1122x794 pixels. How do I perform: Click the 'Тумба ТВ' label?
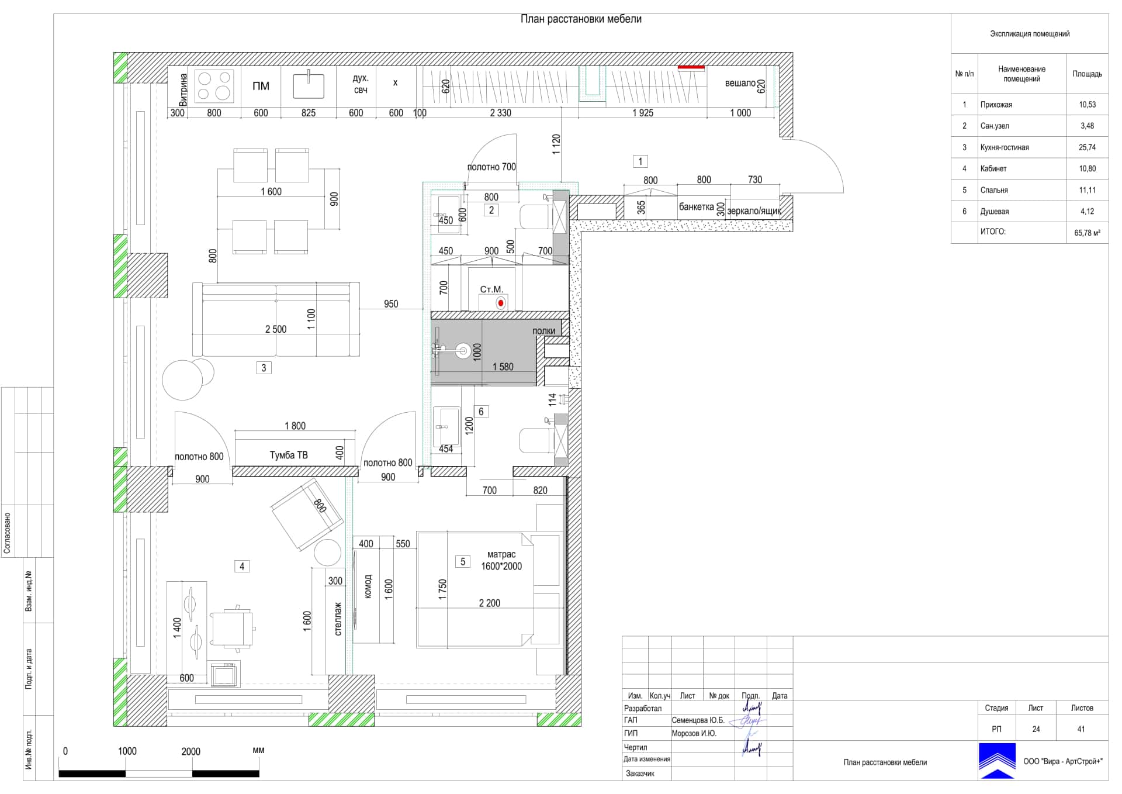(x=289, y=455)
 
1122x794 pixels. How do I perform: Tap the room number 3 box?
(x=264, y=368)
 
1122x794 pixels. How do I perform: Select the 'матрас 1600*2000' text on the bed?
(x=501, y=560)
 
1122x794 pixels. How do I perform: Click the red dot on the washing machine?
(x=500, y=303)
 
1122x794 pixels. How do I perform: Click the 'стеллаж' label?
(x=338, y=619)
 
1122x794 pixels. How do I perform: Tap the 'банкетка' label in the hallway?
(x=696, y=207)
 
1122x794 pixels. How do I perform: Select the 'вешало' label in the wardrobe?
(x=740, y=83)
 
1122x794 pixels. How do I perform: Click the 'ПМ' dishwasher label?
(x=261, y=86)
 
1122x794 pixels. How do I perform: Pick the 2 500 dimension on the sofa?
(x=276, y=329)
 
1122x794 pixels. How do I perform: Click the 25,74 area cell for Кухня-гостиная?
(x=1087, y=147)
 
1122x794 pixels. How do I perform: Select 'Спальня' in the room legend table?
(x=994, y=190)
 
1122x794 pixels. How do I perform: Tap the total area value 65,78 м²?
(x=1087, y=233)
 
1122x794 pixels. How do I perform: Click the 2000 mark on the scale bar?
(x=191, y=751)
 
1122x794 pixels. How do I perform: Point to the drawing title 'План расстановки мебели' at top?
(x=581, y=19)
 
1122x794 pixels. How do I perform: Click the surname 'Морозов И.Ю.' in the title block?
(x=694, y=733)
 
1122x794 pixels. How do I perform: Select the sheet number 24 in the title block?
(x=1036, y=729)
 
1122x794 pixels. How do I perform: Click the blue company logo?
(x=997, y=761)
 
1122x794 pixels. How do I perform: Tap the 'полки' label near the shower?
(x=543, y=331)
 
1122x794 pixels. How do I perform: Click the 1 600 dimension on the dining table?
(x=271, y=192)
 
